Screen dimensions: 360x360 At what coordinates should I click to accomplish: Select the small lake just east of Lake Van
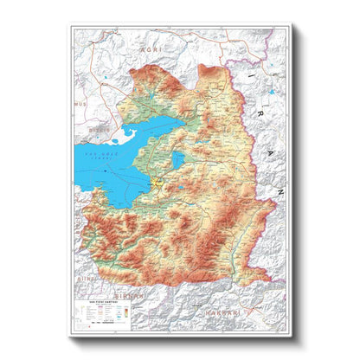(x=178, y=159)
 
